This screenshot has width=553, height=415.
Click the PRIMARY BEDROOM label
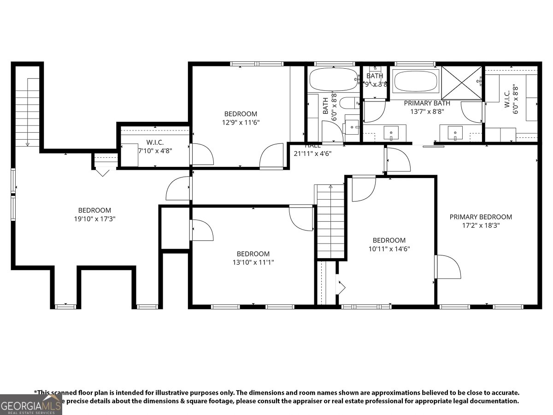pyautogui.click(x=481, y=217)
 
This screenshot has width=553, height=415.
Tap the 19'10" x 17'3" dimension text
pyautogui.click(x=94, y=219)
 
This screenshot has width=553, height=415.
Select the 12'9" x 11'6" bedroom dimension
pyautogui.click(x=241, y=123)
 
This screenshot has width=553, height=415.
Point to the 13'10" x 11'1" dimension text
pyautogui.click(x=253, y=262)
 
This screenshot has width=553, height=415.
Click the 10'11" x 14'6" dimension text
pyautogui.click(x=389, y=249)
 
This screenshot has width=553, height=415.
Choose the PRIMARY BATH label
pyautogui.click(x=427, y=103)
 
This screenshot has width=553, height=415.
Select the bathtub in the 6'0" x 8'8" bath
pyautogui.click(x=333, y=80)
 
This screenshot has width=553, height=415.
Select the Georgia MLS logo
pyautogui.click(x=31, y=405)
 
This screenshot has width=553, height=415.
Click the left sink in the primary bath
pyautogui.click(x=391, y=133)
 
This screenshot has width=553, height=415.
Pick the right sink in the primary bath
pyautogui.click(x=455, y=133)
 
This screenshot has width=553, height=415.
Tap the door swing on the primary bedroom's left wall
pyautogui.click(x=448, y=267)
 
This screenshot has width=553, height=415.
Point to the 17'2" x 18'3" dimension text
pyautogui.click(x=481, y=225)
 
